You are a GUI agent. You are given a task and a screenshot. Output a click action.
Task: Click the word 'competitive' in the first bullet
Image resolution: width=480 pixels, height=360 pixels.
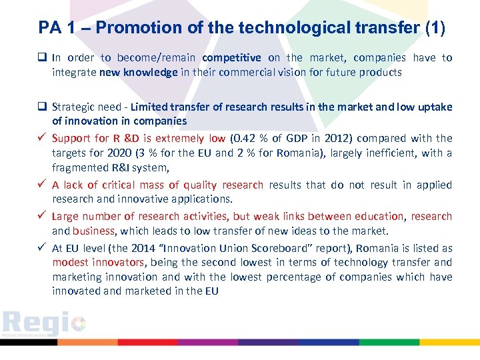click(x=231, y=58)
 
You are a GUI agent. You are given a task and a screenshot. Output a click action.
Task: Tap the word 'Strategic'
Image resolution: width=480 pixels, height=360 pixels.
click(x=73, y=107)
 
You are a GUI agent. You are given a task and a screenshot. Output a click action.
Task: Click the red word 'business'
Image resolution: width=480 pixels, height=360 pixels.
click(x=94, y=231)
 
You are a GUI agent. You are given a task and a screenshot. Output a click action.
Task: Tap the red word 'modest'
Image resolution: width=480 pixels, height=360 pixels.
click(x=69, y=262)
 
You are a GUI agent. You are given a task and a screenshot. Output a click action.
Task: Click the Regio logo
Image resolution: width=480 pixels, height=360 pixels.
click(x=43, y=325)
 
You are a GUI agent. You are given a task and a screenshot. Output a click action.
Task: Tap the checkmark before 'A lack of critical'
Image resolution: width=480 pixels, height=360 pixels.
click(x=43, y=185)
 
